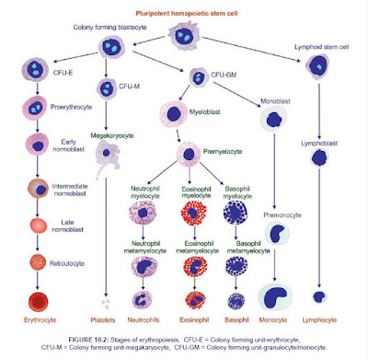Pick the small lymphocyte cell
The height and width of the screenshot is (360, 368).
tap(319, 297)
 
